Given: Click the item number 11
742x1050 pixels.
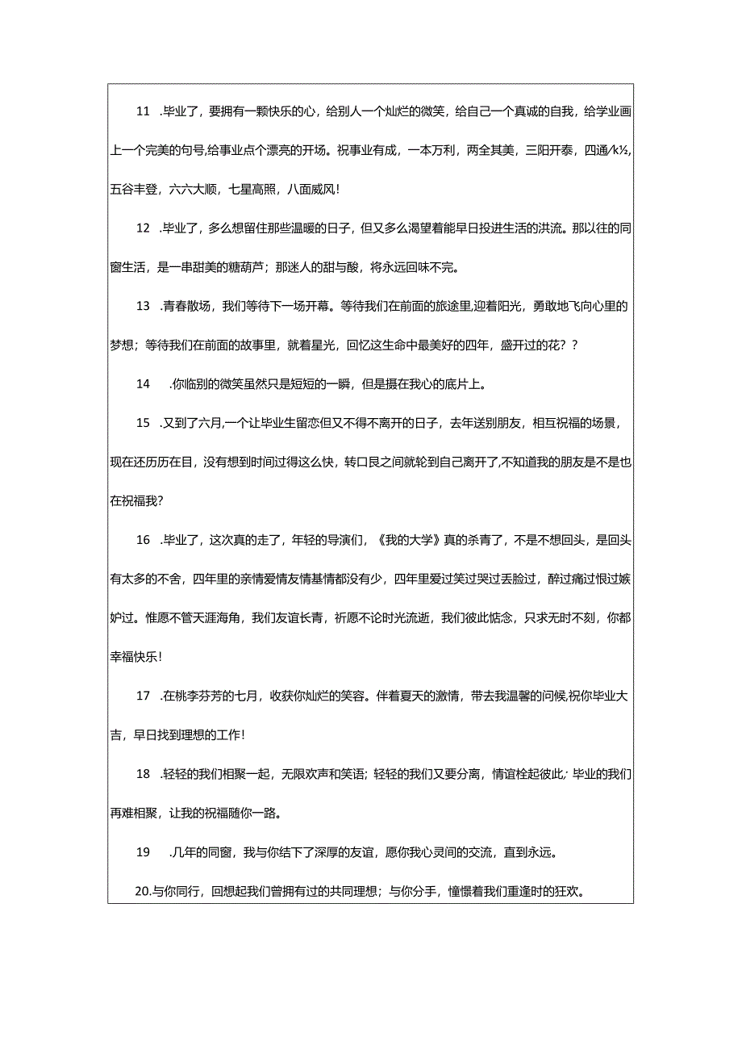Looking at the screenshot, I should (144, 112).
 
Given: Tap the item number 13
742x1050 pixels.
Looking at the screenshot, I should (144, 306).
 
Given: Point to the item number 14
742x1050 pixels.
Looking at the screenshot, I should (144, 384).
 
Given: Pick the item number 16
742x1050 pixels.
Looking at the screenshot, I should (144, 539).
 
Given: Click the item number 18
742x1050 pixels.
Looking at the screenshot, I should (144, 774).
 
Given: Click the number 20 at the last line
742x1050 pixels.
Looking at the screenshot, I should (143, 892).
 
